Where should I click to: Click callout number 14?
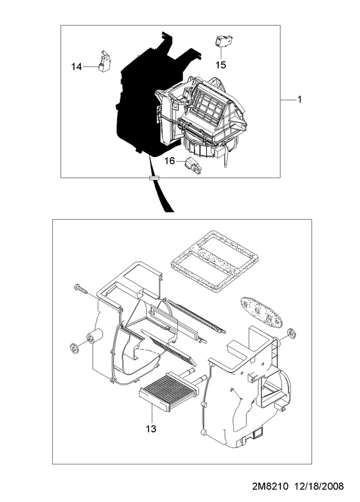click(77, 67)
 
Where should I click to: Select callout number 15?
click(221, 65)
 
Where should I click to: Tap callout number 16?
click(169, 161)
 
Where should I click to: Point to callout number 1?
click(300, 100)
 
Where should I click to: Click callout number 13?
click(151, 429)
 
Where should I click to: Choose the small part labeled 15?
click(223, 41)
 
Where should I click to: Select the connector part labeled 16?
click(193, 166)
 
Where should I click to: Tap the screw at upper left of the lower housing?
click(81, 289)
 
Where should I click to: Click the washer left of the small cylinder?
click(74, 348)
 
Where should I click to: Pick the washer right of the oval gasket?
click(292, 333)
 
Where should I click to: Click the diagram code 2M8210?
click(270, 486)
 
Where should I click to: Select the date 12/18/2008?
click(319, 486)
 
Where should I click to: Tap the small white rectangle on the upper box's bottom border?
click(154, 178)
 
